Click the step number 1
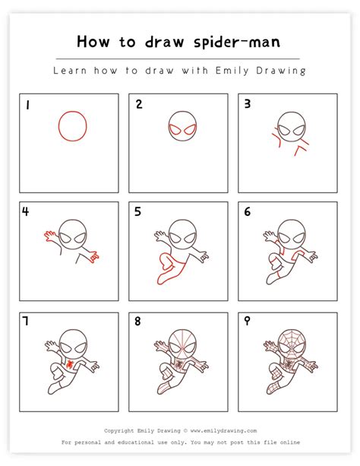click(27, 105)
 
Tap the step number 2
click(139, 105)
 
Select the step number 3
click(248, 105)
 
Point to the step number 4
click(27, 212)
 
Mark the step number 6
click(248, 212)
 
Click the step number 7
click(27, 322)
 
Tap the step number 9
click(248, 322)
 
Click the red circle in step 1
click(72, 126)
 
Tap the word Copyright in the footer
click(121, 430)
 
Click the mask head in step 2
click(180, 127)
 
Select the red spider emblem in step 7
click(70, 364)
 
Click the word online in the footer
click(288, 442)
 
